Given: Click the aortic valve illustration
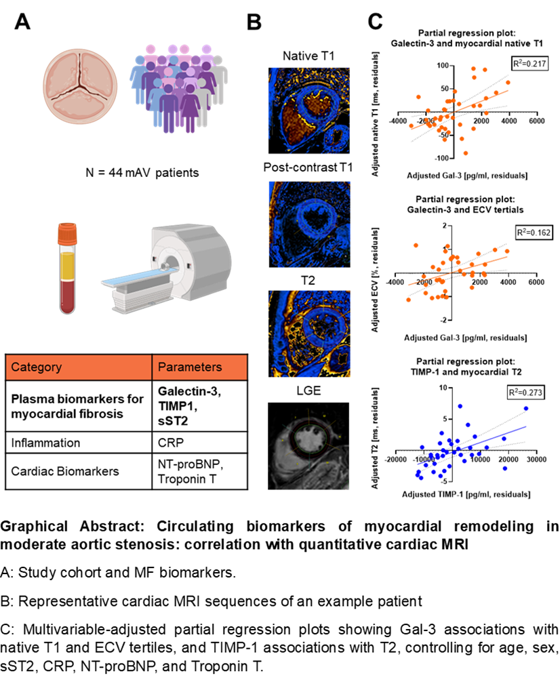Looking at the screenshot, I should pos(80,86).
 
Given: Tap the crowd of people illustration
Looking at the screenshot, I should pos(179,88).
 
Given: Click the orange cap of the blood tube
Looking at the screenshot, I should pos(67,233).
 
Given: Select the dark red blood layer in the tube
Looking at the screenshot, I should pos(67,296).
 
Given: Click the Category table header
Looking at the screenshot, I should pos(79,367).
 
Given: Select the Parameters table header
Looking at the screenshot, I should pos(199,367).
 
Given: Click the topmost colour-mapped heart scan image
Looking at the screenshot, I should pos(309,111).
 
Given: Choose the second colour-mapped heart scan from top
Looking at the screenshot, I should pos(309,224).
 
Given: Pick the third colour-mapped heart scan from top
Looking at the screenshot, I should pos(309,334).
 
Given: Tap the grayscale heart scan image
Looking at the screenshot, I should pos(308,446).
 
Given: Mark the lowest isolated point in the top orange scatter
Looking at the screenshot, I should pos(466,153).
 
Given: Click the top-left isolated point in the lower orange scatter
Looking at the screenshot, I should pos(416,245).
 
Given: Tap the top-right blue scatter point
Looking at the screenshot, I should pos(525,408).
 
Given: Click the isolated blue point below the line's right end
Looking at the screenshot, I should pos(505,468).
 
